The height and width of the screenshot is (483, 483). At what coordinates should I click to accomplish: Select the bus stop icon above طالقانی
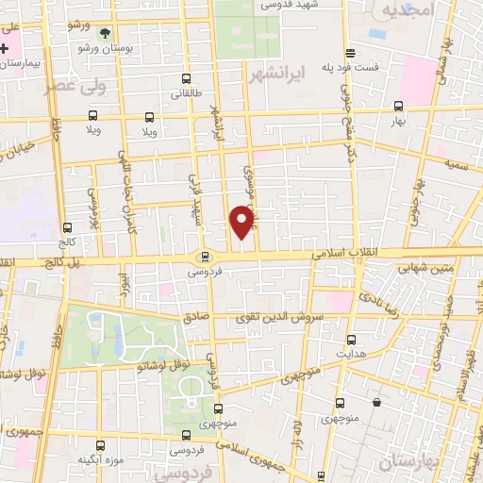coord(187,80)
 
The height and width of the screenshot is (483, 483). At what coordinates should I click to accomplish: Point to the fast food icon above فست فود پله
coord(350,54)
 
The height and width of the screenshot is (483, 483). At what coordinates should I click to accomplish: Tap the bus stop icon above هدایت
coord(352,340)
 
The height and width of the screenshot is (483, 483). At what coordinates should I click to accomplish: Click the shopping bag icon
coord(376,403)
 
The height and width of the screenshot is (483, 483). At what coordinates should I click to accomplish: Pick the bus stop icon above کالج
coord(67,227)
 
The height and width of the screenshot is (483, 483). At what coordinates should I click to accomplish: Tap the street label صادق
coord(196,318)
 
